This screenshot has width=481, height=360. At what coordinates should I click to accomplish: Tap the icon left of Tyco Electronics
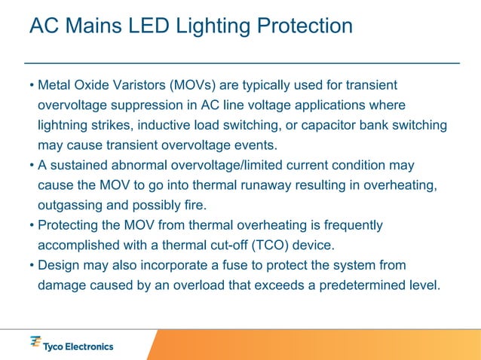point(35,343)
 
